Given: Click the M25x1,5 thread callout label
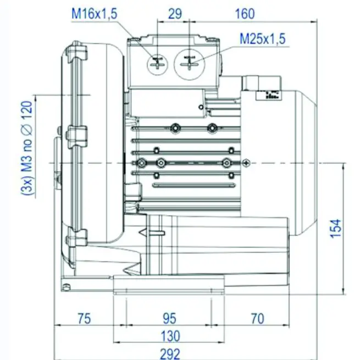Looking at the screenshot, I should (263, 39).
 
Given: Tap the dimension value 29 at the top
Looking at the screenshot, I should (175, 14).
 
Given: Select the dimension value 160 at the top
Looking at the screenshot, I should (245, 14).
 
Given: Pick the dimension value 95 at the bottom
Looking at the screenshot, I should (169, 318).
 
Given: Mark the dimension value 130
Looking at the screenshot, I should (169, 336).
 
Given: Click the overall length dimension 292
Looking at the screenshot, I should (169, 353).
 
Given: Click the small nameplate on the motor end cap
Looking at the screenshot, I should (272, 95).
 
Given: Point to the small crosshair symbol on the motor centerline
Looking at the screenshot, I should (246, 162).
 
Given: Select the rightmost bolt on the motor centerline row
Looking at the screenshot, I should (226, 162).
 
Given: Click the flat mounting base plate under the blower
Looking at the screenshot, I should (169, 286).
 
